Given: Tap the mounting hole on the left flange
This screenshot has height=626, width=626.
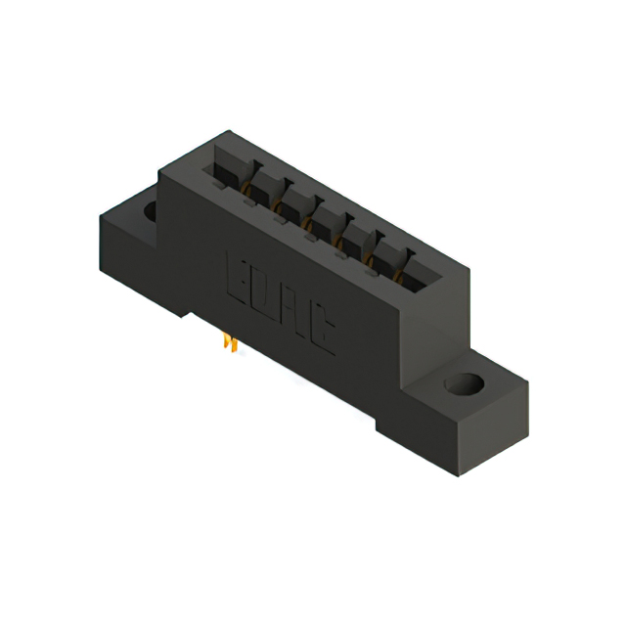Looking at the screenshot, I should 151,210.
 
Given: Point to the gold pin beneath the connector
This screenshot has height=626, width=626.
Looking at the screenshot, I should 231,343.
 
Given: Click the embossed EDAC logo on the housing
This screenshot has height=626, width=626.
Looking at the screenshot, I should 282,302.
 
